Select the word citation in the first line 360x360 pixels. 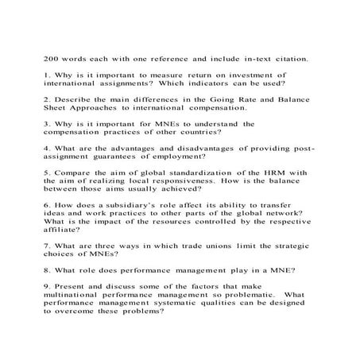tap(284, 58)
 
